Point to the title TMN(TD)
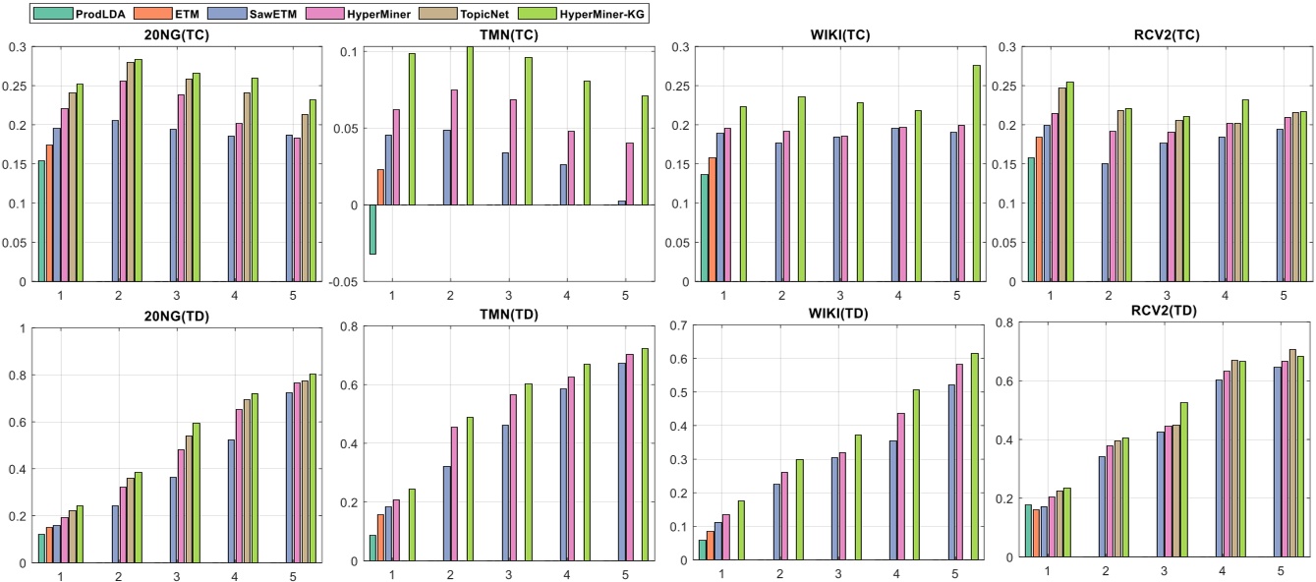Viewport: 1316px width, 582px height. [509, 316]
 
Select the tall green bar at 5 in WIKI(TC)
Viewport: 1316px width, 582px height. [976, 173]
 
